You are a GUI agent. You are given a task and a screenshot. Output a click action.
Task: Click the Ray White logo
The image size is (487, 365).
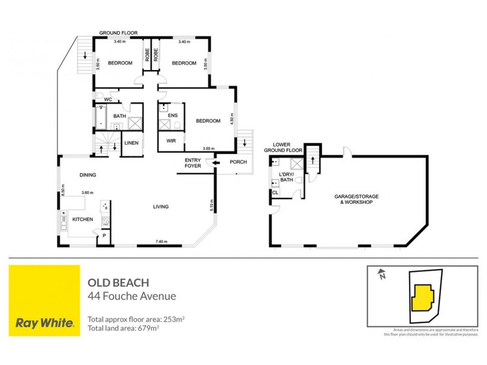(45, 300)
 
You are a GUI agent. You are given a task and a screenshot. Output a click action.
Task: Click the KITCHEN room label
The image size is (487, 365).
(82, 218)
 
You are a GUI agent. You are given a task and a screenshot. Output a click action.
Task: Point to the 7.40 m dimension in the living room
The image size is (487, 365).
(161, 242)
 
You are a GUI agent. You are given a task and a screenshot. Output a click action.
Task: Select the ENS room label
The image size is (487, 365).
(172, 115)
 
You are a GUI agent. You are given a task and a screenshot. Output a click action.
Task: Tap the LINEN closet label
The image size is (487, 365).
(131, 143)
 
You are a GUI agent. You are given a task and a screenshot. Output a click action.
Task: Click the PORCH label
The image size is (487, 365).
(237, 162)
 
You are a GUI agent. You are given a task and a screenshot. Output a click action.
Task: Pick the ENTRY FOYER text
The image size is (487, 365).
(193, 162)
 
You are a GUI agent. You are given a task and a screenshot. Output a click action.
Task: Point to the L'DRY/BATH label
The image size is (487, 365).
(286, 177)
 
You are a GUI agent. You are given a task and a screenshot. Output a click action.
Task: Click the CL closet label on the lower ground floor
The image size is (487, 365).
(275, 192)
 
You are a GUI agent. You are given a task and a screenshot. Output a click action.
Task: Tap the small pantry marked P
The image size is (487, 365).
(103, 235)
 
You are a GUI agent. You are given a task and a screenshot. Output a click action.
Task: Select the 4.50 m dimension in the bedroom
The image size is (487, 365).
(231, 119)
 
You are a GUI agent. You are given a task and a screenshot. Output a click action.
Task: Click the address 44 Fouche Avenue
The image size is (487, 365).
(131, 296)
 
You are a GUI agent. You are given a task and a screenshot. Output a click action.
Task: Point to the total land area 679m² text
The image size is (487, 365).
(124, 328)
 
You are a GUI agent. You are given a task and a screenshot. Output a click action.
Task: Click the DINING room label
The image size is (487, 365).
(88, 175)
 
